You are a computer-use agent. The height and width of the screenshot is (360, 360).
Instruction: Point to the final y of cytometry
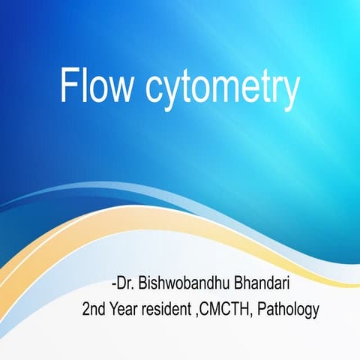(289, 93)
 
